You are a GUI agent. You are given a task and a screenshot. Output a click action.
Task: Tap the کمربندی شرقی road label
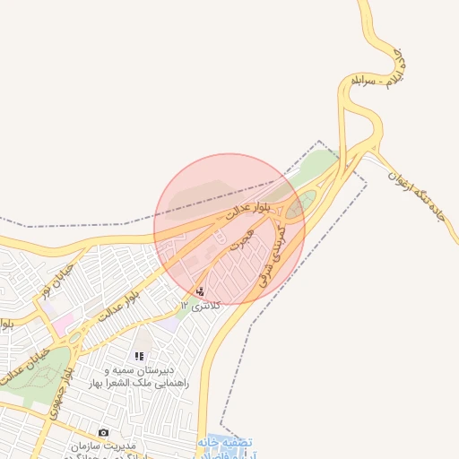pos(273,255)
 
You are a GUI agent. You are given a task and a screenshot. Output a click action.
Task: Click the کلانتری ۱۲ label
pos(200,306)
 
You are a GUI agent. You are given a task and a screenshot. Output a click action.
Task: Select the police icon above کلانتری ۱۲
pos(199,291)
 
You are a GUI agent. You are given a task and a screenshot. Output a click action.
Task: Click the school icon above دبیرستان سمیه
pos(139,356)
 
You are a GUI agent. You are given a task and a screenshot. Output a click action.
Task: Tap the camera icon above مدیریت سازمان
pos(103,432)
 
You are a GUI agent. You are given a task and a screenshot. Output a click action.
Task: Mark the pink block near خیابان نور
pos(63,318)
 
